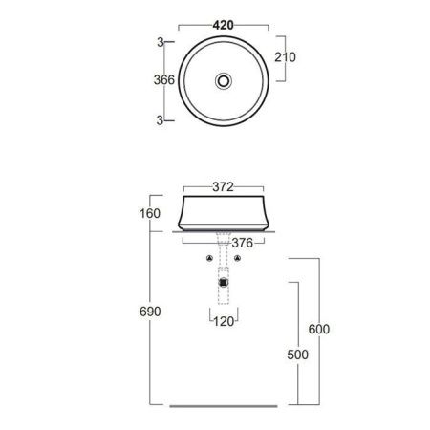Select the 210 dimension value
pyautogui.click(x=285, y=57)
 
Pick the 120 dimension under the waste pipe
pyautogui.click(x=224, y=321)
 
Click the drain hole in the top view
pyautogui.click(x=224, y=81)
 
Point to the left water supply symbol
pyautogui.click(x=209, y=259)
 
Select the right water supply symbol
pyautogui.click(x=238, y=259)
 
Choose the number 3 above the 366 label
pyautogui.click(x=160, y=41)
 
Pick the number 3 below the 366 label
pyautogui.click(x=160, y=119)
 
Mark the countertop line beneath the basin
pyautogui.click(x=224, y=231)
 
